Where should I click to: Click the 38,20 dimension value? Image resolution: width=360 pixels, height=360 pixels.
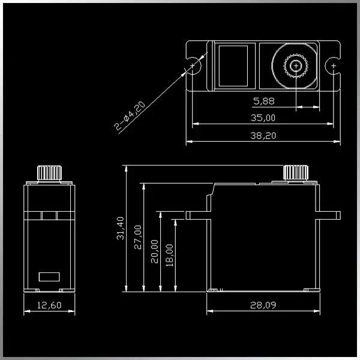click(263, 136)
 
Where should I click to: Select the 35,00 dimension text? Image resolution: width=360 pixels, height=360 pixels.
click(263, 118)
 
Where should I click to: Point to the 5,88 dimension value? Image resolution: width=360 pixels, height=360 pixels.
click(264, 101)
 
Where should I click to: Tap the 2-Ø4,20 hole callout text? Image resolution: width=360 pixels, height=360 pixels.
click(130, 115)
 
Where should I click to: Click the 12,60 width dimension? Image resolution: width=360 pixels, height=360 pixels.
click(49, 305)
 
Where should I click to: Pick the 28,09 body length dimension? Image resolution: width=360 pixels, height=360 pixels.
click(263, 305)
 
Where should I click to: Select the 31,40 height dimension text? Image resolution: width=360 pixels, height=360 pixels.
click(121, 228)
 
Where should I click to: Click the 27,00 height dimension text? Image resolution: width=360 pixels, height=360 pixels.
click(138, 237)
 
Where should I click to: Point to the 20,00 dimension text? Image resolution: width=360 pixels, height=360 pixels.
click(155, 251)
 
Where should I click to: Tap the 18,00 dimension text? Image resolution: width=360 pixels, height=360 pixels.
click(170, 255)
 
